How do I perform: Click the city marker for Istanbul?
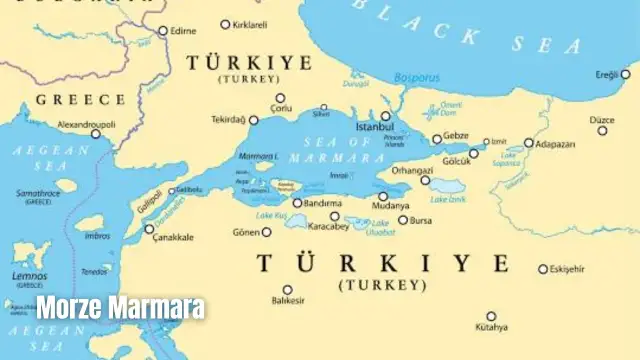385,116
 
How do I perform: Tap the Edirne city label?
183,31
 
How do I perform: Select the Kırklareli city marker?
225,24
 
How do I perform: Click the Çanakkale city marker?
150,229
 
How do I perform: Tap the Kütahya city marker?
491,316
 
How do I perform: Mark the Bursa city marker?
403,220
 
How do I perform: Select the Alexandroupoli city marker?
96,134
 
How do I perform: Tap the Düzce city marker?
602,130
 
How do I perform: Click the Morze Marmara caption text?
121,307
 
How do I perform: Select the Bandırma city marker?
297,203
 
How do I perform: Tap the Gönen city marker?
266,232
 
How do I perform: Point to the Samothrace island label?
38,192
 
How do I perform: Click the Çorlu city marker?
280,98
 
